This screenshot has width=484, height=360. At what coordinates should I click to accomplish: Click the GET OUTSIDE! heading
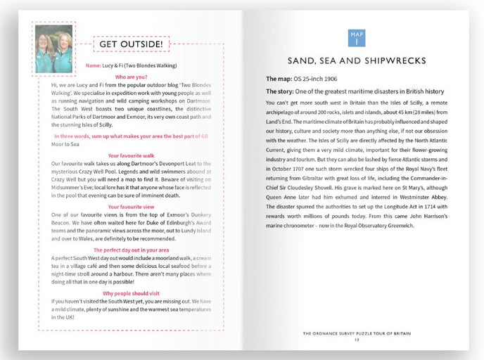tap(131, 44)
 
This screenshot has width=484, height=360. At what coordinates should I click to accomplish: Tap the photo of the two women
tap(53, 49)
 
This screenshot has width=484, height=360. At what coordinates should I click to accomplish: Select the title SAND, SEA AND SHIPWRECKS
tap(357, 60)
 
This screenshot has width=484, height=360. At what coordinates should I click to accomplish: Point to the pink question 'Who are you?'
tap(131, 76)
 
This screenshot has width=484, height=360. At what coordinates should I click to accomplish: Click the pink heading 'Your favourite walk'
tap(131, 155)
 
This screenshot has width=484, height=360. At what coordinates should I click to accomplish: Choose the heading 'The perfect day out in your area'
tap(131, 250)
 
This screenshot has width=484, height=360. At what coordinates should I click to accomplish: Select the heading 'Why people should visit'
tap(131, 292)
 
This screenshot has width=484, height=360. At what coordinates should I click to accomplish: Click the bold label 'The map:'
tap(279, 78)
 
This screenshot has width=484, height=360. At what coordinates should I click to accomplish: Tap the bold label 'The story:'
tap(282, 91)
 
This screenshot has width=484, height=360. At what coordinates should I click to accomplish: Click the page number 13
tap(357, 340)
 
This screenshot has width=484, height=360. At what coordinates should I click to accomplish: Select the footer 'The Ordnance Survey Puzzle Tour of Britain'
tap(357, 333)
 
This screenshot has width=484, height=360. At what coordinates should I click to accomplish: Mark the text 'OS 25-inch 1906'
tap(319, 78)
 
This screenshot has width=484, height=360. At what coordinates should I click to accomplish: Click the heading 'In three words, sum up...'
tap(131, 135)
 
